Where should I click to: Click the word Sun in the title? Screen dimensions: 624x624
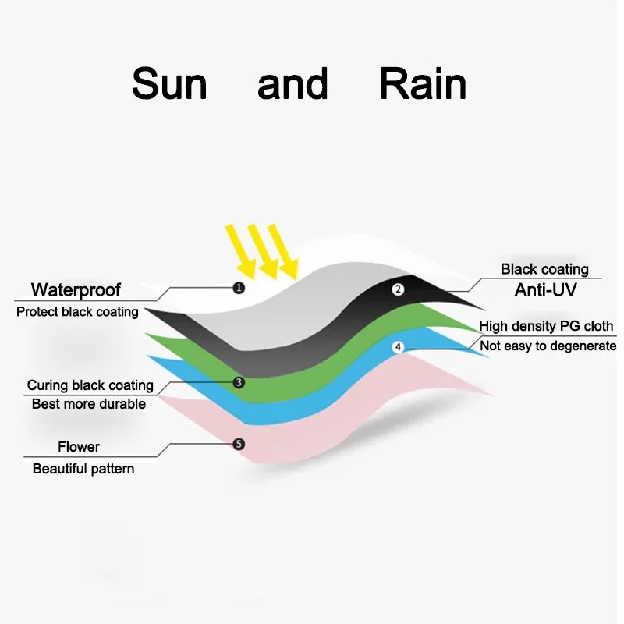pyautogui.click(x=169, y=84)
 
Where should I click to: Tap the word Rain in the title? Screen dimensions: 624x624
pyautogui.click(x=423, y=84)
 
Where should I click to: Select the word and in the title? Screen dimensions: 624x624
pyautogui.click(x=292, y=84)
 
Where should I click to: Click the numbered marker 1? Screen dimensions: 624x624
pyautogui.click(x=239, y=288)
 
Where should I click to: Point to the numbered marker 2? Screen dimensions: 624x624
pyautogui.click(x=398, y=289)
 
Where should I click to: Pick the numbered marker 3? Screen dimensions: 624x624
pyautogui.click(x=239, y=382)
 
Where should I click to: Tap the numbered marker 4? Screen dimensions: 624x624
pyautogui.click(x=399, y=346)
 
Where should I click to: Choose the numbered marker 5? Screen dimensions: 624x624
pyautogui.click(x=239, y=444)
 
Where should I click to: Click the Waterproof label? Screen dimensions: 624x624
pyautogui.click(x=76, y=290)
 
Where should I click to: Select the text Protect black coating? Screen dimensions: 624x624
pyautogui.click(x=77, y=312)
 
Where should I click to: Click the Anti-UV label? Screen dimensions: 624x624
pyautogui.click(x=544, y=291)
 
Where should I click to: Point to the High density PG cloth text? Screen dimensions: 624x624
pyautogui.click(x=546, y=326)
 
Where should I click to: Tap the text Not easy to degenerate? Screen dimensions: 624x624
pyautogui.click(x=548, y=346)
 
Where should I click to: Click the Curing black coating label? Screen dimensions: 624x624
pyautogui.click(x=90, y=385)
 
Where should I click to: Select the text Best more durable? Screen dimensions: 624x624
pyautogui.click(x=88, y=404)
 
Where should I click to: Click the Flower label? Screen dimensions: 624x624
pyautogui.click(x=79, y=447)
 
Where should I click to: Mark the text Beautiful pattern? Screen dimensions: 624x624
pyautogui.click(x=83, y=469)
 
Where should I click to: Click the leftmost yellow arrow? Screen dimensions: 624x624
pyautogui.click(x=239, y=250)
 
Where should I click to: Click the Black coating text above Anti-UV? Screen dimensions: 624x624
pyautogui.click(x=544, y=269)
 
